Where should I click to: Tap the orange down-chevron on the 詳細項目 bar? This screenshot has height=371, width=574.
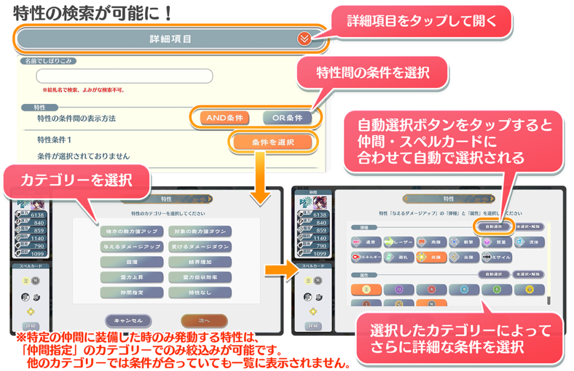(x=304, y=39)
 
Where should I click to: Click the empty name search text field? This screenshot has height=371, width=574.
(x=124, y=76)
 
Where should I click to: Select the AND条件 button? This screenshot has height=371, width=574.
(x=224, y=118)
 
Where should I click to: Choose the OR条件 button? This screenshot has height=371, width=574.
(x=287, y=118)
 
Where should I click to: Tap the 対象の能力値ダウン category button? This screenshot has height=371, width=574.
(x=200, y=231)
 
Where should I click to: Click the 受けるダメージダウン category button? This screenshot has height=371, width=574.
(x=200, y=247)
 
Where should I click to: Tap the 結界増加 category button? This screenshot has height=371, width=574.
(x=200, y=262)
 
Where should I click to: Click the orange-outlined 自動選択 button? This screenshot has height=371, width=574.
(x=493, y=226)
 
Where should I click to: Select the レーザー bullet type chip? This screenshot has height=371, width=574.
(x=400, y=242)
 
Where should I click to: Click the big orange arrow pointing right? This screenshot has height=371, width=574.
(x=276, y=268)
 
